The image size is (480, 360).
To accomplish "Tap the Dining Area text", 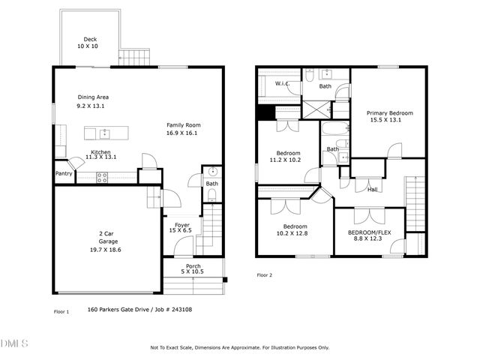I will click(x=94, y=97).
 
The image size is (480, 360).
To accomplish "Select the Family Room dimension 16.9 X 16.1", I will click(x=184, y=133).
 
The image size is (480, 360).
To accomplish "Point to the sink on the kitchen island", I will click(x=104, y=133).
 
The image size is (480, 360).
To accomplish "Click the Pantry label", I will click(x=64, y=173).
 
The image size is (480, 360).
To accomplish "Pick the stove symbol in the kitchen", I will click(x=103, y=177).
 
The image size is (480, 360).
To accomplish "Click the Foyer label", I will click(x=182, y=224).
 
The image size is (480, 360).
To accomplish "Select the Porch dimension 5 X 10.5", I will click(x=193, y=271).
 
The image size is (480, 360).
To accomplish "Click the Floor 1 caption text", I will click(x=61, y=310).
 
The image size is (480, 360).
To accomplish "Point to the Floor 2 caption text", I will click(x=265, y=275).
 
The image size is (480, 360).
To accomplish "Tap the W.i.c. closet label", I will click(x=283, y=83).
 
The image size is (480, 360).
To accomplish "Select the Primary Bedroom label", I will click(x=389, y=113).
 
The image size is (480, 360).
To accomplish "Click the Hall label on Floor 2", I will click(x=372, y=190).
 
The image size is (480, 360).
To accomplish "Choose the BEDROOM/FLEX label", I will click(x=370, y=232).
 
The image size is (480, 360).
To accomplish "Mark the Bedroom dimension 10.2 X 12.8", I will click(x=294, y=233).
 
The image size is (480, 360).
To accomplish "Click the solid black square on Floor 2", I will click(x=264, y=112).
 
